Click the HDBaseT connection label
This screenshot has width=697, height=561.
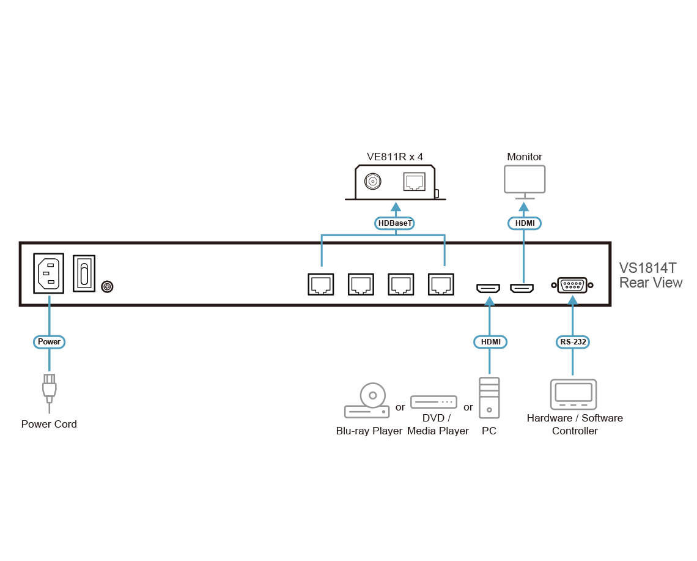396,223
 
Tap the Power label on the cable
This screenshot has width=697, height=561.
49,341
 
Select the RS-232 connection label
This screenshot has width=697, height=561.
572,342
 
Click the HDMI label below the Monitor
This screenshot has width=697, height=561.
525,223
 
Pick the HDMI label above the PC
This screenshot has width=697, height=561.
489,342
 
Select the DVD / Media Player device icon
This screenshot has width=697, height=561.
433,403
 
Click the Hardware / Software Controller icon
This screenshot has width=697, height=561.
573,394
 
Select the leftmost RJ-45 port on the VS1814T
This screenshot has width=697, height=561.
321,284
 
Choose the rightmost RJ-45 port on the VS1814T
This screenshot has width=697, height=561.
441,284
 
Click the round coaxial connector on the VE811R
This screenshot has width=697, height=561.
372,182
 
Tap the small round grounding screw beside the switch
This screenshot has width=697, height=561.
108,286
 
